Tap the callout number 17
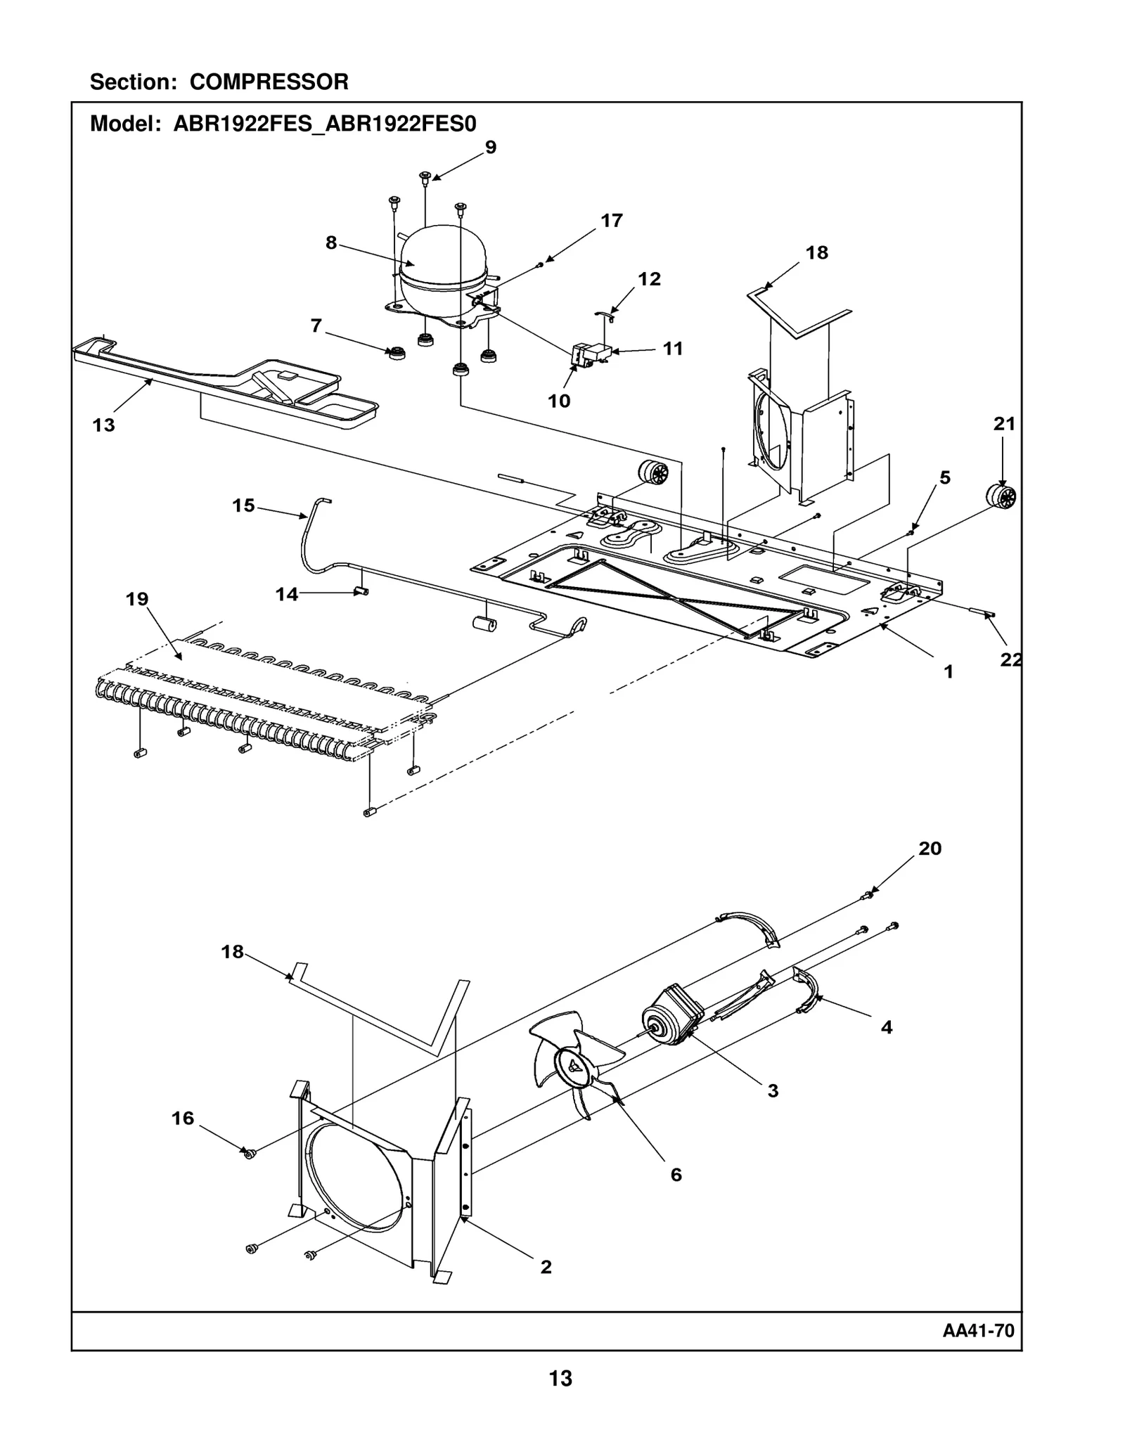pyautogui.click(x=611, y=221)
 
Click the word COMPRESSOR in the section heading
pyautogui.click(x=269, y=82)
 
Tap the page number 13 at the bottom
pyautogui.click(x=560, y=1398)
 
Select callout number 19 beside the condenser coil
pyautogui.click(x=137, y=599)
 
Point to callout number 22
pyautogui.click(x=1010, y=659)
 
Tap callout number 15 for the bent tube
pyautogui.click(x=243, y=505)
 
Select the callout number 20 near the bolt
pyautogui.click(x=930, y=849)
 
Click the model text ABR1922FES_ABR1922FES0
pyautogui.click(x=325, y=124)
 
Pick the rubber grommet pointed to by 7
pyautogui.click(x=397, y=353)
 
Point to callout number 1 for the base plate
pyautogui.click(x=948, y=672)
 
